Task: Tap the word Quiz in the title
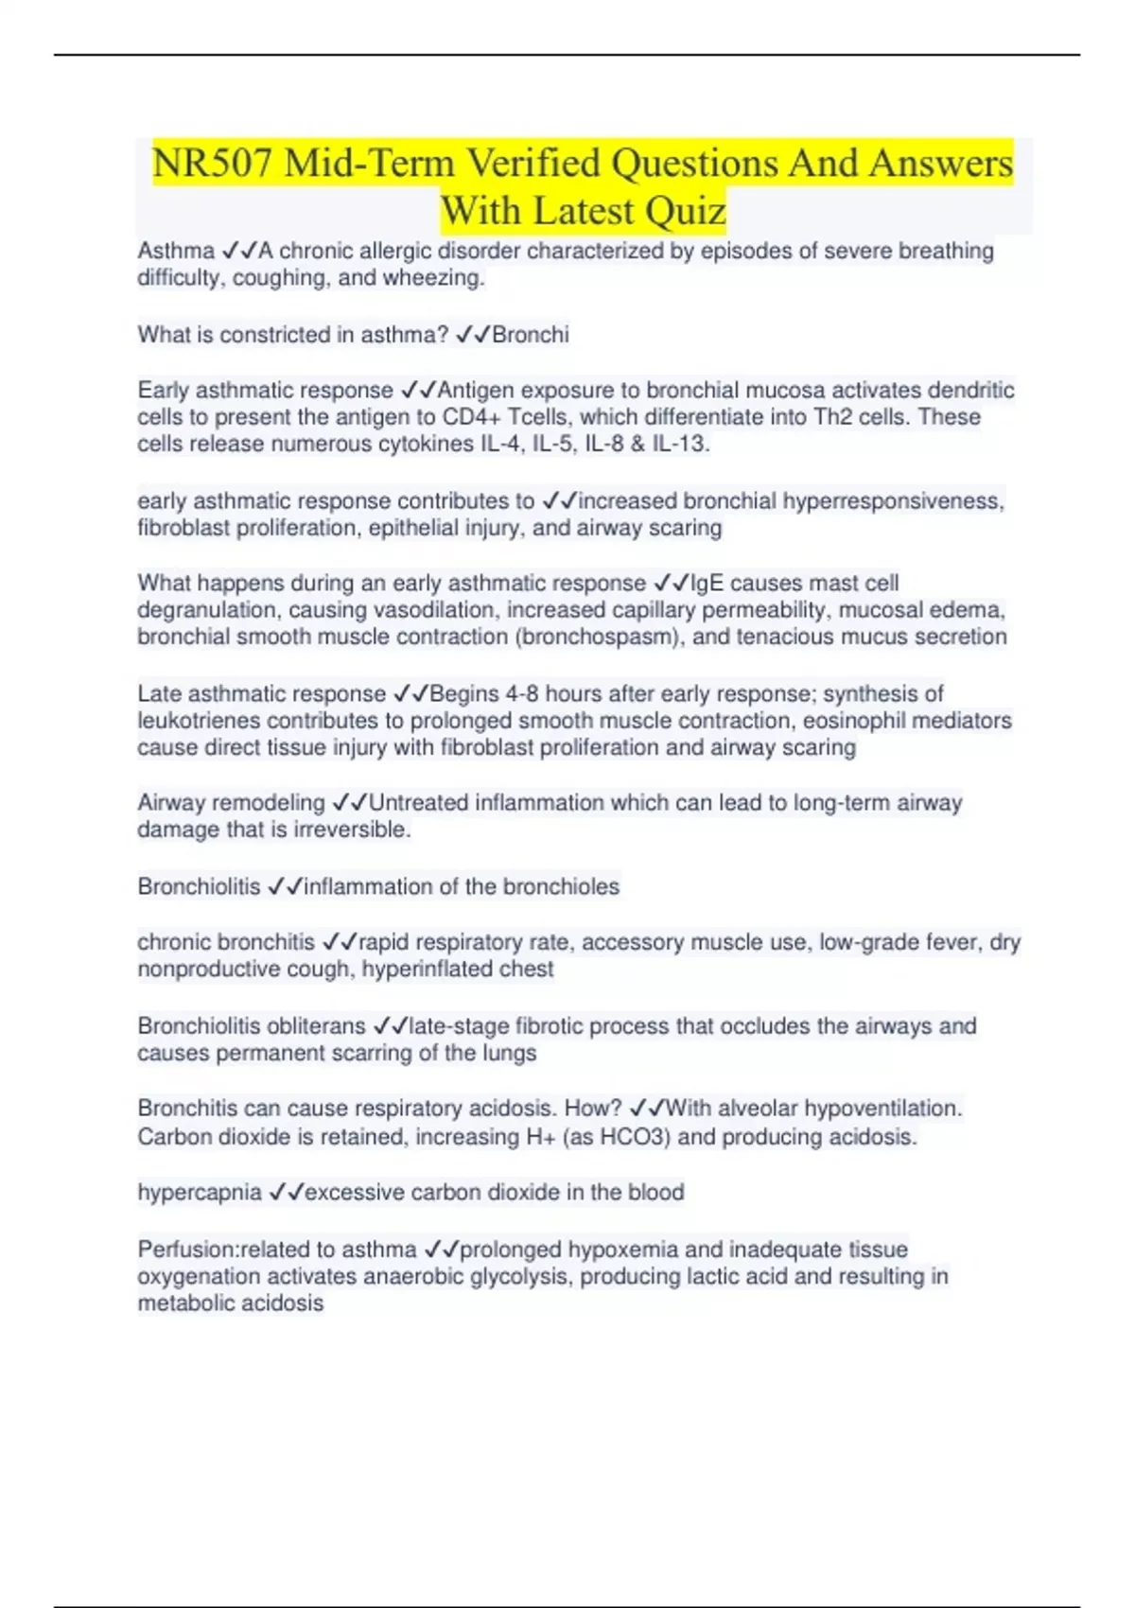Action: pyautogui.click(x=681, y=211)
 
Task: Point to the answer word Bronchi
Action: pyautogui.click(x=531, y=335)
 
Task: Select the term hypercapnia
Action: pyautogui.click(x=200, y=1192)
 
